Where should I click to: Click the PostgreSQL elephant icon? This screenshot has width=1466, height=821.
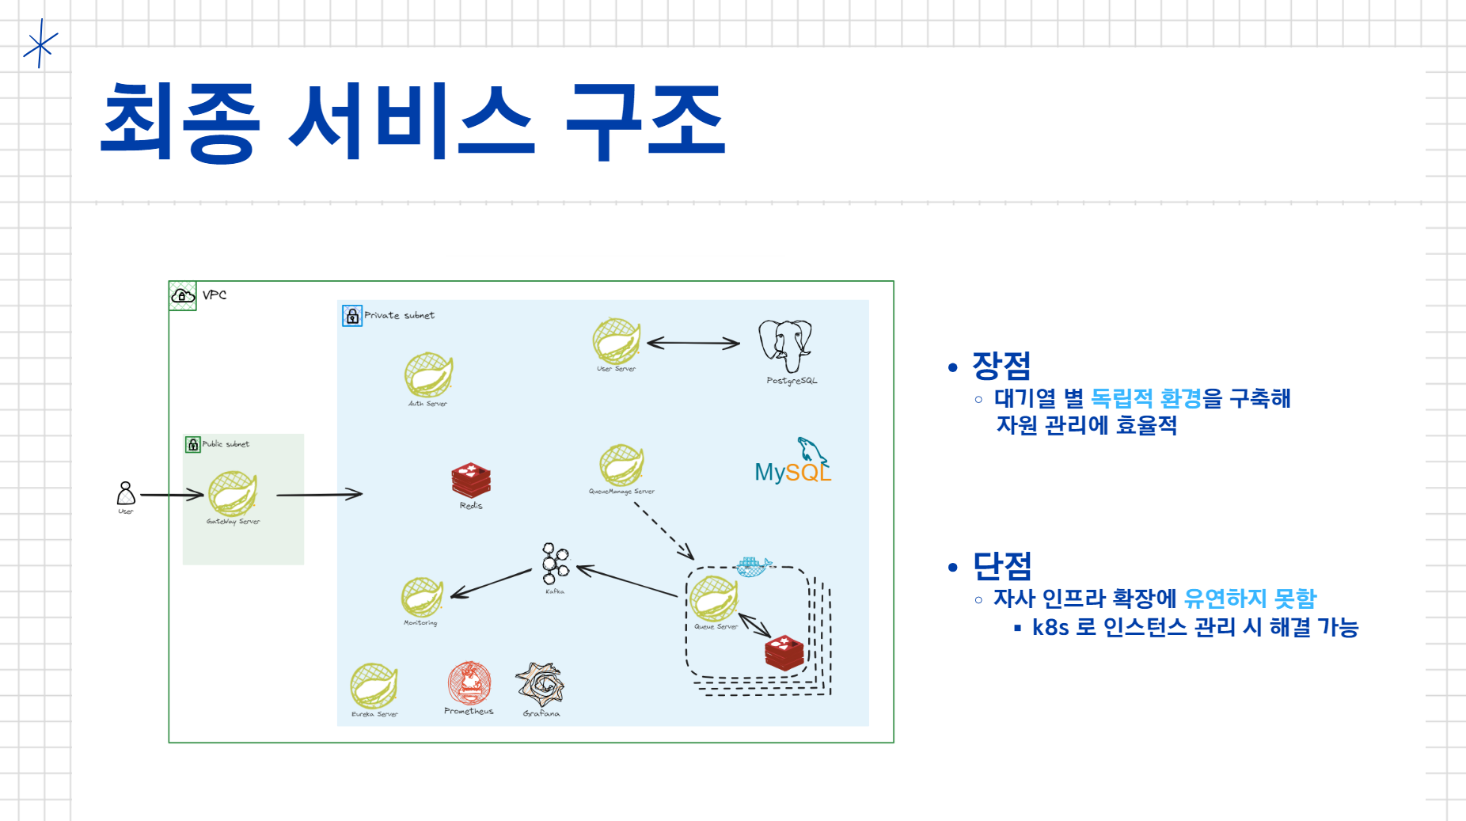point(785,344)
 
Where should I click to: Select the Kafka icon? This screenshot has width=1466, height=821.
point(555,563)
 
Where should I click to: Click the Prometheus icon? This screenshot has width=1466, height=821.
point(469,682)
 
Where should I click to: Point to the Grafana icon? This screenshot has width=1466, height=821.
point(540,685)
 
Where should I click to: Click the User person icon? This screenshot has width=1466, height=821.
point(126,493)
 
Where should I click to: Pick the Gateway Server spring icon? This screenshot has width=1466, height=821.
point(232,493)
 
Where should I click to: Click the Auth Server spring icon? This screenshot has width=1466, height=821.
point(428,375)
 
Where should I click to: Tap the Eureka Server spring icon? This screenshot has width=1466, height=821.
point(374,686)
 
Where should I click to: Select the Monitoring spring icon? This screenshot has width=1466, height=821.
point(422,597)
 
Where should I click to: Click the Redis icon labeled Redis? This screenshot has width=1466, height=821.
point(471,480)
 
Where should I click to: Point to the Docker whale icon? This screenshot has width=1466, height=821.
point(753,566)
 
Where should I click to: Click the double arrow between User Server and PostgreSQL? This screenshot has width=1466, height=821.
point(693,343)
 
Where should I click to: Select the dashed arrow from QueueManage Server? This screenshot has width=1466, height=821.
point(663,530)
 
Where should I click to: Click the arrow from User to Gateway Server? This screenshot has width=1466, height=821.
point(172,495)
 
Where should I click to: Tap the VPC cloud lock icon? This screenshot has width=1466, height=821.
point(183,296)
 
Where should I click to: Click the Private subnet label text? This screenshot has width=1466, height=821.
point(399,315)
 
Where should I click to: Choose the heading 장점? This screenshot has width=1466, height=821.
point(1001,365)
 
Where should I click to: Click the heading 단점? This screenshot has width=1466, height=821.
point(1002,565)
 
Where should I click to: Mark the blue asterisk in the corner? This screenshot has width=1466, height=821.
point(40,44)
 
